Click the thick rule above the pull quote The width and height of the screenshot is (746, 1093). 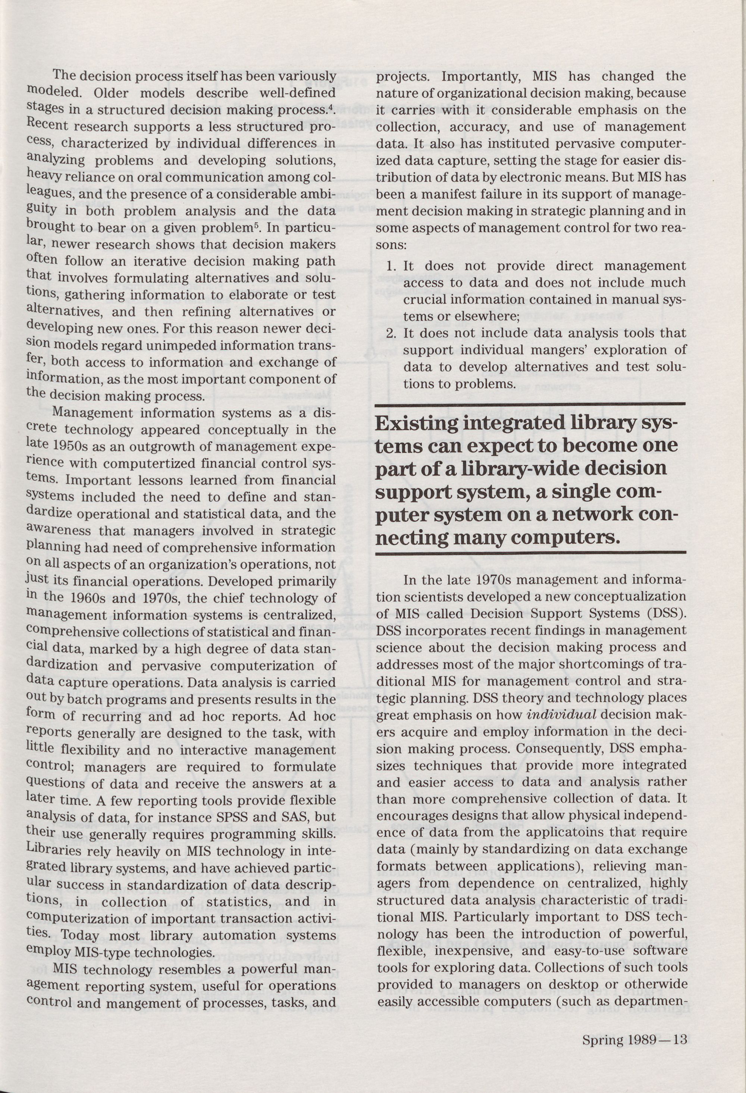point(530,403)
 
